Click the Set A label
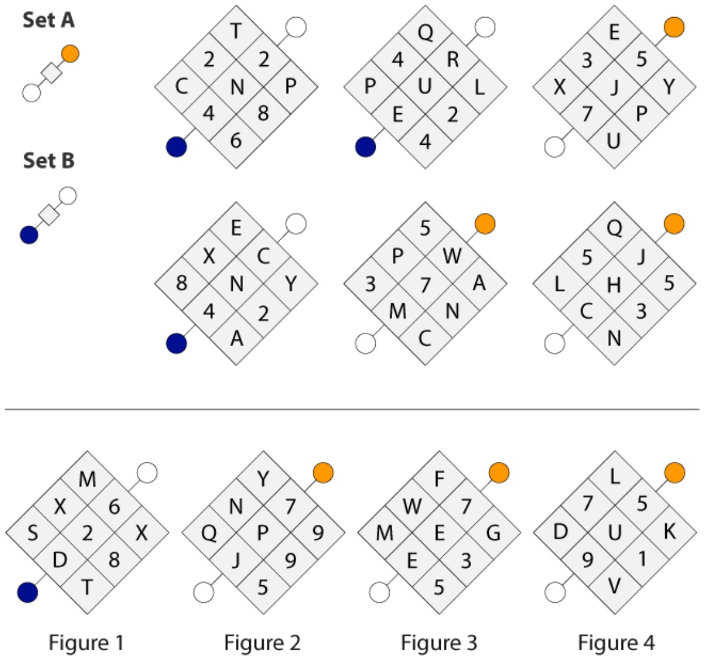[x=49, y=20]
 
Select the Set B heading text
[x=49, y=161]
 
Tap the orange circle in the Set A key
[x=71, y=54]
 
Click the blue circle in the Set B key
[x=29, y=235]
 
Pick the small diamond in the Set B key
[x=49, y=215]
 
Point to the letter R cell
[x=452, y=59]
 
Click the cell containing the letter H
[x=614, y=284]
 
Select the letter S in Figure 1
[x=33, y=533]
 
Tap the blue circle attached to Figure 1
[x=27, y=592]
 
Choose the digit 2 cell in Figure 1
[x=87, y=533]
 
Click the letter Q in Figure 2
[x=209, y=533]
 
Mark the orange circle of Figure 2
[x=323, y=473]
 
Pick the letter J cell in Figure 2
[x=236, y=560]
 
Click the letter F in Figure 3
[x=439, y=479]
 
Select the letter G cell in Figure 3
[x=494, y=533]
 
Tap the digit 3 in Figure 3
[x=466, y=560]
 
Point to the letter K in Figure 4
[x=669, y=532]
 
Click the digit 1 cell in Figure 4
[x=642, y=560]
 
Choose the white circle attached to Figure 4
[x=555, y=592]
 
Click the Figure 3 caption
[x=439, y=642]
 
